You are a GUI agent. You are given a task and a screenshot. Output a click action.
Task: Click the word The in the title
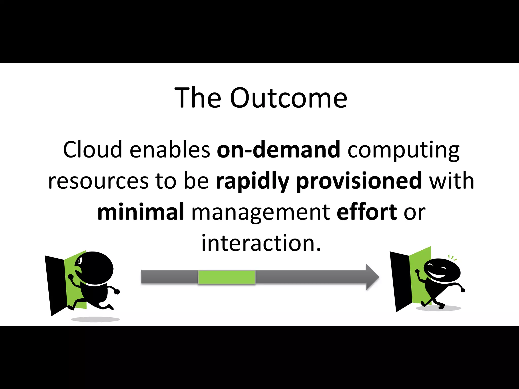198,98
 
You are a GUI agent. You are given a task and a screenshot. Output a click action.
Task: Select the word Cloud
92,150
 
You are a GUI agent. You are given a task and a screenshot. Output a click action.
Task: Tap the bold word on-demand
278,150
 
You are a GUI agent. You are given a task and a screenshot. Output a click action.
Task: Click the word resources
98,181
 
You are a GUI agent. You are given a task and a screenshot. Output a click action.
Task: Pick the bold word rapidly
252,182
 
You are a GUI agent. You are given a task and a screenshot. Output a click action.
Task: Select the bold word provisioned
359,182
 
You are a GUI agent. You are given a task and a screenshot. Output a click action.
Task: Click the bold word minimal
141,212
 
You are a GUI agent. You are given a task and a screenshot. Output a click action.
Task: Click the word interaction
261,243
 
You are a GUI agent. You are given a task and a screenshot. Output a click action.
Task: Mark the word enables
170,150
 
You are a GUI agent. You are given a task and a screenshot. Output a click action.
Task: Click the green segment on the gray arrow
226,277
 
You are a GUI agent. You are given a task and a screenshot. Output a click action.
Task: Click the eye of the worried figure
80,261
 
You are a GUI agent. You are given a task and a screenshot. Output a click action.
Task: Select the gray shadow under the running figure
95,319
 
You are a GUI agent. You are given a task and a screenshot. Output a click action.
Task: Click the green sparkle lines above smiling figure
452,258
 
